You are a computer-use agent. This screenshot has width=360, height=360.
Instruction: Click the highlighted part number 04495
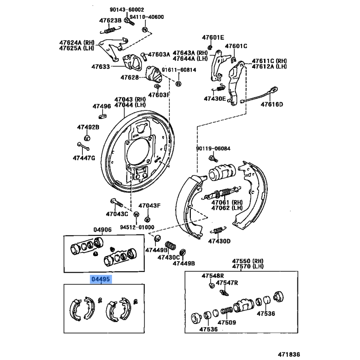pos(100,279)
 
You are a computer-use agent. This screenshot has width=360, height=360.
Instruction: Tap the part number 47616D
pos(272,105)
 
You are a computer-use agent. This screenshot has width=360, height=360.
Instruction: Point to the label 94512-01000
pos(137,227)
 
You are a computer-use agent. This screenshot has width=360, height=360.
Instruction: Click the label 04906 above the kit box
pos(103,230)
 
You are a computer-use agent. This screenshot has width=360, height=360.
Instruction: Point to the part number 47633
pos(101,66)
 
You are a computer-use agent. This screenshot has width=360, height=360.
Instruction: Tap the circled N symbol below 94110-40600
pos(145,30)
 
